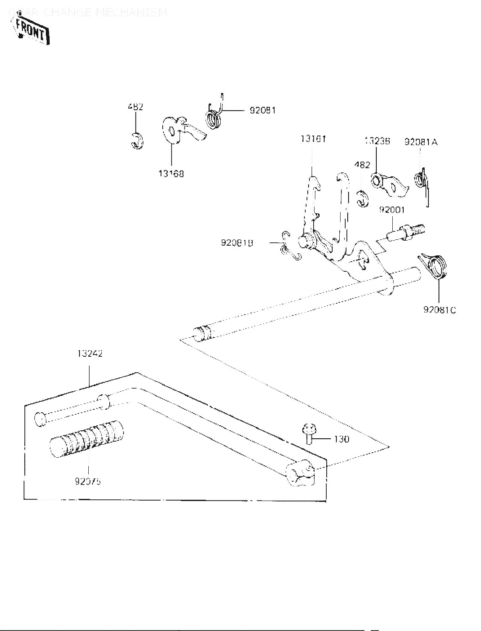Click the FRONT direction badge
pyautogui.click(x=32, y=30)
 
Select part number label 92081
pyautogui.click(x=262, y=110)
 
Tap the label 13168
pyautogui.click(x=171, y=173)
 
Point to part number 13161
pyautogui.click(x=313, y=139)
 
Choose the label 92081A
pyautogui.click(x=421, y=142)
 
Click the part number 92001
pyautogui.click(x=392, y=209)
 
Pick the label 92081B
pyautogui.click(x=237, y=243)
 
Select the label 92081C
pyautogui.click(x=440, y=310)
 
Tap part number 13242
pyautogui.click(x=90, y=354)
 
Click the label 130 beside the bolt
pyautogui.click(x=341, y=439)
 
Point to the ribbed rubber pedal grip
pyautogui.click(x=87, y=440)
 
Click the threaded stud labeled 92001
pyautogui.click(x=406, y=232)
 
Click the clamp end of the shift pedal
pyautogui.click(x=299, y=475)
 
